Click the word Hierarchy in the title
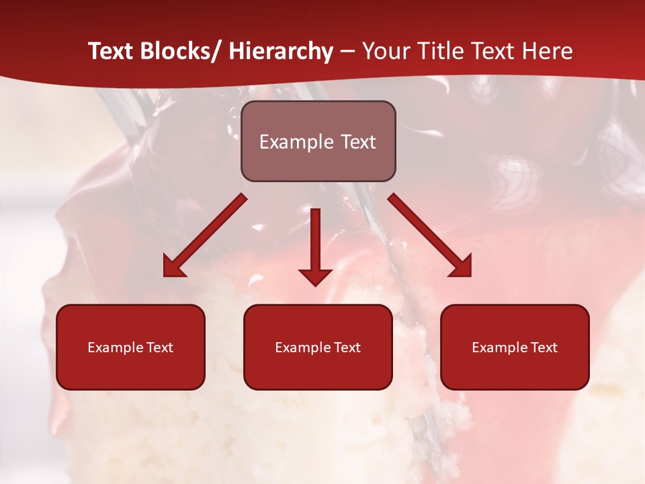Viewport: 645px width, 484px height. coord(281,51)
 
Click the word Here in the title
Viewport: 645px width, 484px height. coord(549,51)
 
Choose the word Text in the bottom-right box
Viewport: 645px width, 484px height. coord(544,348)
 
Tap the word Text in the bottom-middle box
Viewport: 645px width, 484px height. coord(347,348)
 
